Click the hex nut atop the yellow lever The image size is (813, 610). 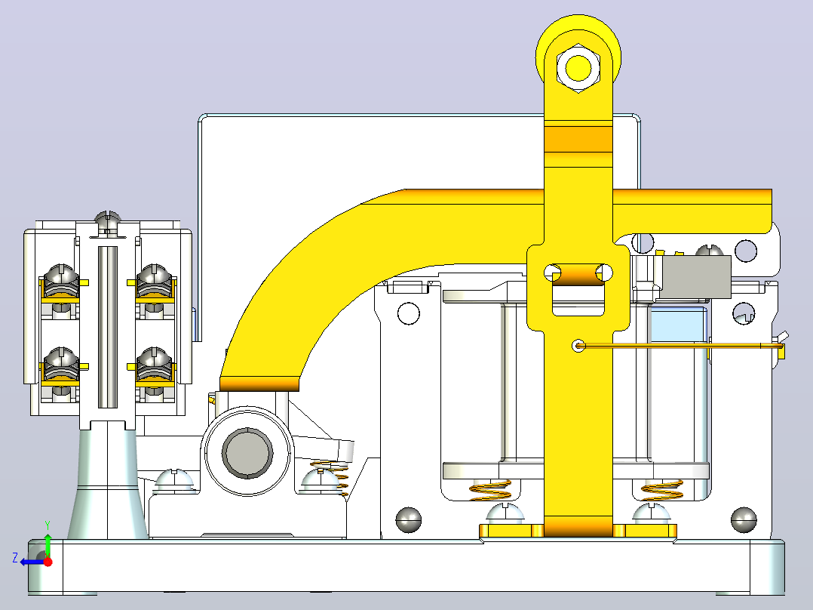[578, 67]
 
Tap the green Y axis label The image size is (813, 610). [48, 526]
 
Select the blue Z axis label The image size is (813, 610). [15, 558]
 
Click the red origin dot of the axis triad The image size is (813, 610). [48, 562]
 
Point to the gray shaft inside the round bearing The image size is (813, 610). [247, 453]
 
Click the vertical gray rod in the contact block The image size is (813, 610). [108, 327]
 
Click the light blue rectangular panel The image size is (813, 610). [679, 325]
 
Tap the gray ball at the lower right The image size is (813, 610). [744, 519]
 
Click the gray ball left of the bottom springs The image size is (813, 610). [409, 519]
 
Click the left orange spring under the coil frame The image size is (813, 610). [490, 490]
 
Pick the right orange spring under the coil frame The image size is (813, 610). [662, 490]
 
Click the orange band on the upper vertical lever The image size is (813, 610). [578, 139]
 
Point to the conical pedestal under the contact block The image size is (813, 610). [107, 480]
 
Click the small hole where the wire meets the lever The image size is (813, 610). [578, 345]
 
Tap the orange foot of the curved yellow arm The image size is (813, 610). [259, 384]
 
